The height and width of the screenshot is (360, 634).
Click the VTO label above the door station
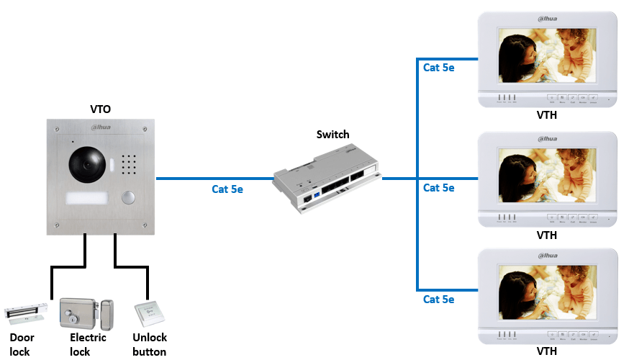point(100,109)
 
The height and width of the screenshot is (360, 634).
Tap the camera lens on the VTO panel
point(88,165)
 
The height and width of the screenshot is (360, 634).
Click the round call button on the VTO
point(128,198)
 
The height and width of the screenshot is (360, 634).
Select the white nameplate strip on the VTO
point(88,199)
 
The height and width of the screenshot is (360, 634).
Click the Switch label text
point(332,135)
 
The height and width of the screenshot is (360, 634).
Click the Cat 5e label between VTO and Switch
point(227,190)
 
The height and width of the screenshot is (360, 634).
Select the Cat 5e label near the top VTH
point(438,68)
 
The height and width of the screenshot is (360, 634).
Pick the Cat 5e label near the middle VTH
point(438,188)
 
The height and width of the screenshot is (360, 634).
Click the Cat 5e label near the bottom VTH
point(438,299)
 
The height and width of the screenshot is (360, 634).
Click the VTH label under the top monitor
point(546,114)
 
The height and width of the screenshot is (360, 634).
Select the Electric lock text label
point(88,345)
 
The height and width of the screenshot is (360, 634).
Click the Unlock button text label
point(150,345)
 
